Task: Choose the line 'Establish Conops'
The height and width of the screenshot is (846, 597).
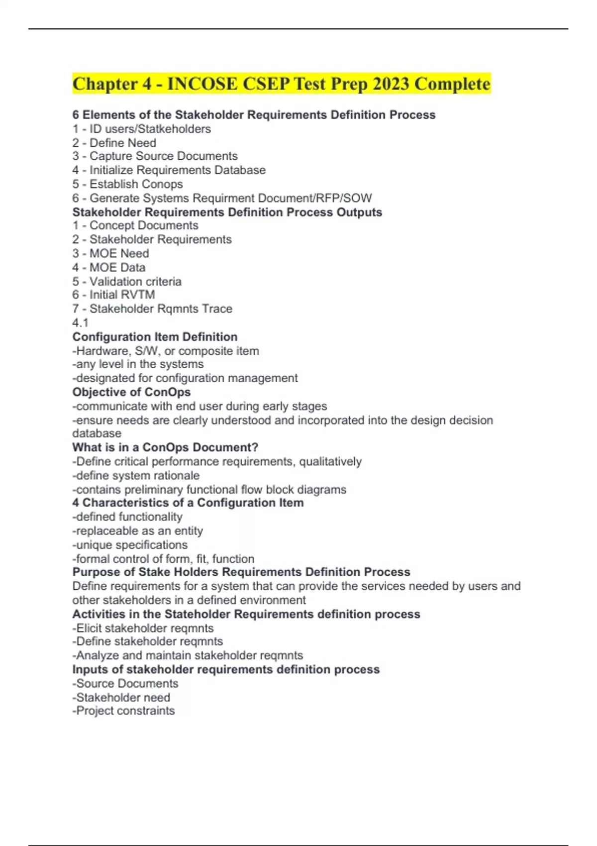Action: click(127, 184)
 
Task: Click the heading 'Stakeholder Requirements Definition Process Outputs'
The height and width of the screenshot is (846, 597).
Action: click(227, 212)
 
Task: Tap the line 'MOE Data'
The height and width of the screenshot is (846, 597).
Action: click(109, 267)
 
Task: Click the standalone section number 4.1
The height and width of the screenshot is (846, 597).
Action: click(80, 322)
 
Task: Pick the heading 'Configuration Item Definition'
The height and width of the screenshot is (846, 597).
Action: click(155, 337)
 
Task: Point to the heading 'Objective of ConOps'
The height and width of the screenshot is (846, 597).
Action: click(131, 392)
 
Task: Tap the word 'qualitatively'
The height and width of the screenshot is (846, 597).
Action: click(330, 461)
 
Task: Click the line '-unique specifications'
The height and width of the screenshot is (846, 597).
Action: click(130, 545)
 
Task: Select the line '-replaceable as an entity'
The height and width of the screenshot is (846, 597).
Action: click(137, 531)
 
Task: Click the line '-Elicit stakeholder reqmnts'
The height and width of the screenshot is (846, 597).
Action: click(143, 628)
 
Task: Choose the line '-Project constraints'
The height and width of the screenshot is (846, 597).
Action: click(123, 711)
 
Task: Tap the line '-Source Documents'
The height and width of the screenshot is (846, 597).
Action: click(125, 683)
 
